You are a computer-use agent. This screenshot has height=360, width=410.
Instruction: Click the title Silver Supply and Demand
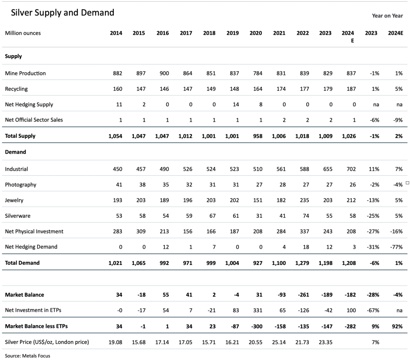click(x=62, y=13)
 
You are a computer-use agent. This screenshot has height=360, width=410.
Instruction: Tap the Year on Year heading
click(x=387, y=16)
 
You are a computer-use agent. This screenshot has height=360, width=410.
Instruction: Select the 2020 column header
click(x=256, y=33)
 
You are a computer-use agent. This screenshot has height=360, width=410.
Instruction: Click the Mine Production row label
click(x=26, y=73)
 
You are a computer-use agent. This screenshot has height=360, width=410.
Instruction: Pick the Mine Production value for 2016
click(x=164, y=73)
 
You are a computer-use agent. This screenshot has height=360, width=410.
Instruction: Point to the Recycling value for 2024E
click(x=351, y=89)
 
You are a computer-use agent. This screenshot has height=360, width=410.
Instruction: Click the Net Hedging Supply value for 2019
click(x=236, y=104)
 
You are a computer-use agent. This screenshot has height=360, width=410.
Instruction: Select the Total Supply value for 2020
click(x=258, y=136)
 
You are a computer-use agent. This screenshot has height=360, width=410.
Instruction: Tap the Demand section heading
click(x=15, y=152)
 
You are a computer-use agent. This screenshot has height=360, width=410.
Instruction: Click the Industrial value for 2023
click(x=328, y=169)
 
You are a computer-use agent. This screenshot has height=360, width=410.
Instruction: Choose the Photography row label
click(x=20, y=185)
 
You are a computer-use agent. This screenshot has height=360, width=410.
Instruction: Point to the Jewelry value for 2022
click(x=305, y=200)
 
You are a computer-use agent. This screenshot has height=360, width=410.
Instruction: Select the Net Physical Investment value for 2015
click(x=141, y=231)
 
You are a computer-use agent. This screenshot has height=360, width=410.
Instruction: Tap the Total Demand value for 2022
click(x=302, y=263)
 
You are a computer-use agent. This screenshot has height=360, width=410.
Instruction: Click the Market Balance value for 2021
click(x=282, y=295)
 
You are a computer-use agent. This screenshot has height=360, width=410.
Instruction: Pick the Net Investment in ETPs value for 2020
click(x=258, y=310)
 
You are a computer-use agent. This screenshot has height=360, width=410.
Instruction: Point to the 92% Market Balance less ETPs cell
click(x=397, y=326)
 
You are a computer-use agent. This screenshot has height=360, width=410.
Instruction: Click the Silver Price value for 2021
click(x=279, y=342)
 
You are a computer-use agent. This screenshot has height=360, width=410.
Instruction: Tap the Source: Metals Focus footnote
click(x=28, y=356)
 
